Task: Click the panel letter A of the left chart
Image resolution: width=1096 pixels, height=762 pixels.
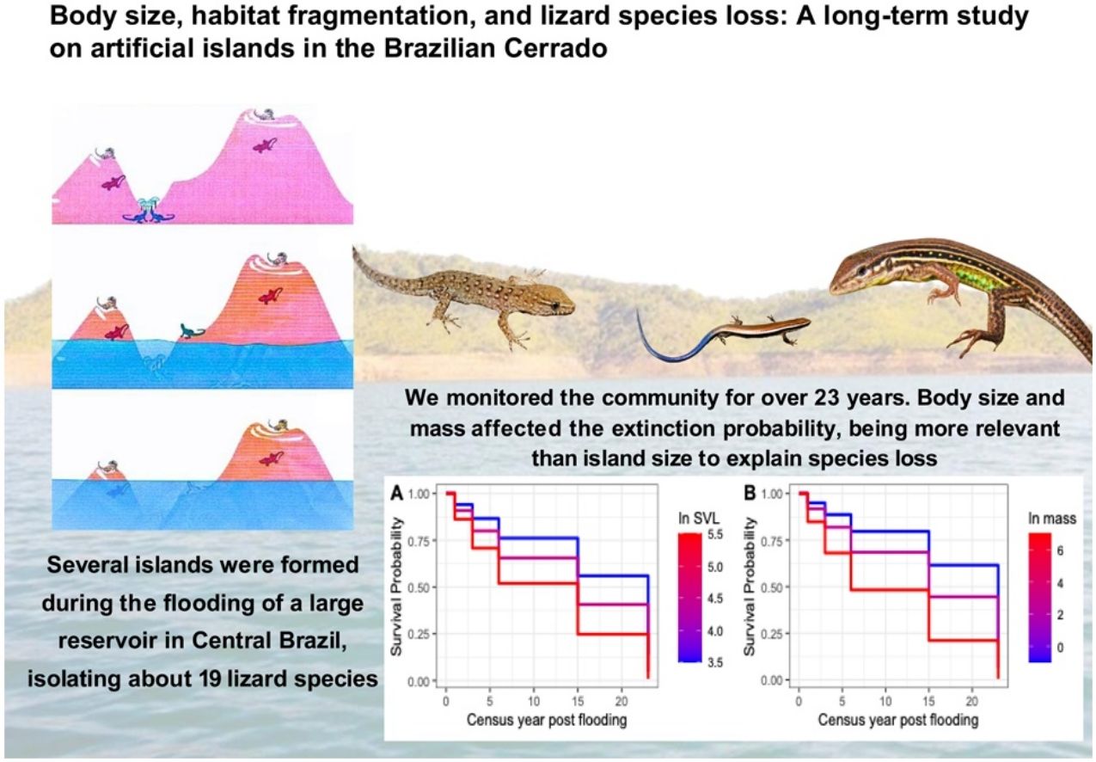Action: tap(396, 494)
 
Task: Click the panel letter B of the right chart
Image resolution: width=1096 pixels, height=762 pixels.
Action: tap(750, 494)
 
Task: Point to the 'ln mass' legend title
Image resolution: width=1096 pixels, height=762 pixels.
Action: tap(1052, 519)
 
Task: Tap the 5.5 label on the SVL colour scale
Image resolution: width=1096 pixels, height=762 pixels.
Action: tap(715, 534)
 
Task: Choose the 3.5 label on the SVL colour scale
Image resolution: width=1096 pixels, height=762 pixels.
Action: tap(715, 662)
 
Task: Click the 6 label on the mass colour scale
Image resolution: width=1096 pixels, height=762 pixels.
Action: tap(1060, 551)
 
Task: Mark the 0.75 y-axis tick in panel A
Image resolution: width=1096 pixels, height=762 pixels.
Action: tap(419, 541)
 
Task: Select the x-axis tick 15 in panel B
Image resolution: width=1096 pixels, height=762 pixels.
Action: tap(928, 701)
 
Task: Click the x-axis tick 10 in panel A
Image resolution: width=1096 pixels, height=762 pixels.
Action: tap(534, 701)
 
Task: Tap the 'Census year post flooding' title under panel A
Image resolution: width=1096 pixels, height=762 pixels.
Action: tap(547, 720)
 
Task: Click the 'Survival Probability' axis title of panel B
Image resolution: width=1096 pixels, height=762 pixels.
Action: tap(749, 587)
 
